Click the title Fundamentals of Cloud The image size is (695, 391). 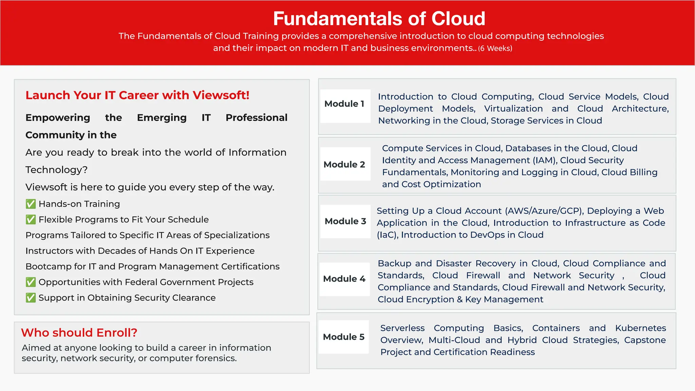379,19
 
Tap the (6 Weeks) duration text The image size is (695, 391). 495,49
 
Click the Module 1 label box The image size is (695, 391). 345,104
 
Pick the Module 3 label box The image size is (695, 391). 345,221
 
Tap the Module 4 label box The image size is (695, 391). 344,279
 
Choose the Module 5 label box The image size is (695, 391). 343,337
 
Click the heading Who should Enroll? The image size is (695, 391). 79,333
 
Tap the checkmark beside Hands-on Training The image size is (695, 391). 31,204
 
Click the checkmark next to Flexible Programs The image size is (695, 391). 31,220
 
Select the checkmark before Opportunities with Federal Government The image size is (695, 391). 31,282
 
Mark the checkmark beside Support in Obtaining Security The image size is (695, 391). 31,298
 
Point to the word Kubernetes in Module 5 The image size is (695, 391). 640,328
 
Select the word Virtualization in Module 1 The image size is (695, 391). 513,109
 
